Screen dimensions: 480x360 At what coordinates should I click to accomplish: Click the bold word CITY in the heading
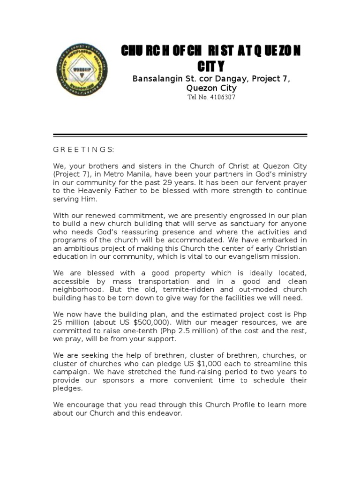point(210,66)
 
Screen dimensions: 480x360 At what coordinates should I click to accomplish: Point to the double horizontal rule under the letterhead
point(180,135)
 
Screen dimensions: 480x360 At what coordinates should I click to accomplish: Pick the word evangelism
point(230,256)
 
